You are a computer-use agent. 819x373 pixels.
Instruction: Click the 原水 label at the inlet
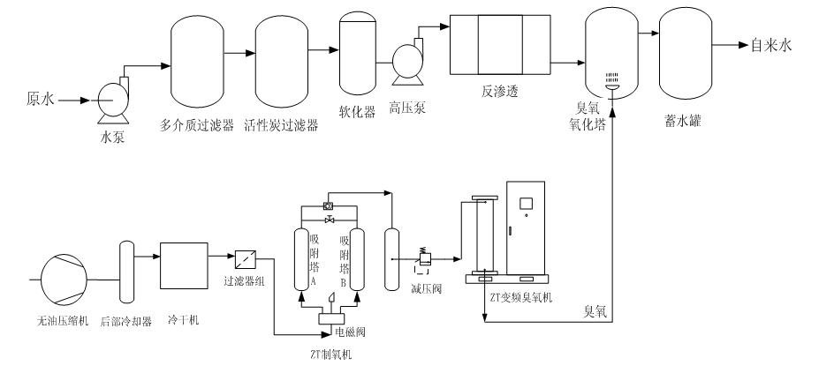click(40, 100)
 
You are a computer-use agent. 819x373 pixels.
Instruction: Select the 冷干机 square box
click(183, 265)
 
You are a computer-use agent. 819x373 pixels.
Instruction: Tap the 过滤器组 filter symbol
click(246, 258)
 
